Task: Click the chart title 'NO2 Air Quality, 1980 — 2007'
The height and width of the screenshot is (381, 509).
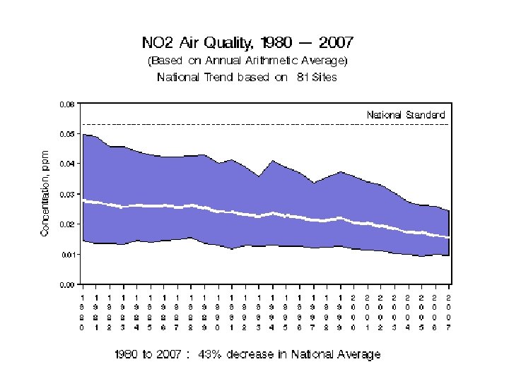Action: [247, 44]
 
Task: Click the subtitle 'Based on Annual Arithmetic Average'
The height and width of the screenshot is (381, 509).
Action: [247, 61]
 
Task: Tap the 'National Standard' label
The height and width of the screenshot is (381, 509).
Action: [406, 114]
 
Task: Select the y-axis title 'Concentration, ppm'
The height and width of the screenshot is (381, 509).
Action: [45, 193]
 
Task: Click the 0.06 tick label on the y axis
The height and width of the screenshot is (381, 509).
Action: [66, 104]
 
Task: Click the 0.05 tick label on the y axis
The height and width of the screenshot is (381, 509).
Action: [66, 134]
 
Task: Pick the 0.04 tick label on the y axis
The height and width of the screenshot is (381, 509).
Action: [66, 164]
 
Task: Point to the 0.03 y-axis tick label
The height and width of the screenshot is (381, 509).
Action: [66, 194]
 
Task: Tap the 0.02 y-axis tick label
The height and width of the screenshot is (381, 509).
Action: [66, 224]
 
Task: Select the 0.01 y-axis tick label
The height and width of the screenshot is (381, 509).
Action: [66, 254]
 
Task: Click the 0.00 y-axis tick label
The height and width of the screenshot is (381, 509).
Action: [66, 284]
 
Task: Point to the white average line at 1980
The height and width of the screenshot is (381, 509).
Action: [83, 200]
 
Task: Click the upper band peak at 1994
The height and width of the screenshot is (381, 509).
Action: [273, 161]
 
